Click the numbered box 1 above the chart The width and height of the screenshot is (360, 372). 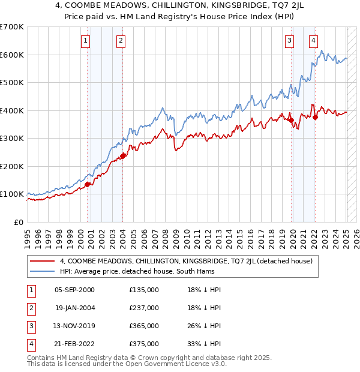[x=85, y=41]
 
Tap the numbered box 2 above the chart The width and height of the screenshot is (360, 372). [x=121, y=41]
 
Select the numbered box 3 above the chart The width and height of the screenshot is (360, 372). [x=289, y=41]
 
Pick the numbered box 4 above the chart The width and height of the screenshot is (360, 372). [x=313, y=41]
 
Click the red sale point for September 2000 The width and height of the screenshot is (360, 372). [x=88, y=184]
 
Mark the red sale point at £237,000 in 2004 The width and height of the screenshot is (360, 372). [x=123, y=156]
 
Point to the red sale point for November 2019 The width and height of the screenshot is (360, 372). [x=292, y=121]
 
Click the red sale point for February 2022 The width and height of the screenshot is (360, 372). [x=316, y=118]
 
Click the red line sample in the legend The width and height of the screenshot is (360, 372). [x=42, y=261]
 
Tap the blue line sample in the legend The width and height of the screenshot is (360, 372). [x=42, y=271]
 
